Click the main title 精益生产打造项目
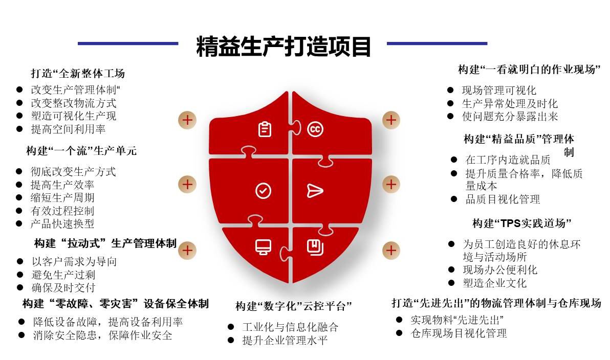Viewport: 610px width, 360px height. pyautogui.click(x=284, y=46)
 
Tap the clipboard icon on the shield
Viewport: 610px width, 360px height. pyautogui.click(x=265, y=129)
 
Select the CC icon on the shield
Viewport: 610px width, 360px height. pyautogui.click(x=315, y=129)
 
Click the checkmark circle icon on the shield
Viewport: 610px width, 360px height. pyautogui.click(x=264, y=191)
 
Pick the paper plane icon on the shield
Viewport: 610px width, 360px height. pyautogui.click(x=315, y=191)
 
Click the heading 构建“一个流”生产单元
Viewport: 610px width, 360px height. pyautogui.click(x=82, y=151)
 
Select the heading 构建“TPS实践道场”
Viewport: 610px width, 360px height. pyautogui.click(x=521, y=223)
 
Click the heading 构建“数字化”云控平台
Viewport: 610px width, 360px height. pyautogui.click(x=294, y=306)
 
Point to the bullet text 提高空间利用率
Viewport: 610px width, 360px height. pyautogui.click(x=69, y=129)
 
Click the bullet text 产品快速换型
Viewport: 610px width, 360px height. pyautogui.click(x=62, y=223)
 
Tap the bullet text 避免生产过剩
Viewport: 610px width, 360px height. pyautogui.click(x=63, y=275)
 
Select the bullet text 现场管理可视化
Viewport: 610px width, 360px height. pyautogui.click(x=499, y=91)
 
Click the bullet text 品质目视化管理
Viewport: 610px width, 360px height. pyautogui.click(x=503, y=199)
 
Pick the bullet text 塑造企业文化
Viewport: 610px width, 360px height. pyautogui.click(x=495, y=283)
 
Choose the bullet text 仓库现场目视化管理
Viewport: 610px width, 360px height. pyautogui.click(x=459, y=333)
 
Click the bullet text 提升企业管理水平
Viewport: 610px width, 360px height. pyautogui.click(x=285, y=341)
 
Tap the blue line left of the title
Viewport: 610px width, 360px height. pyautogui.click(x=128, y=43)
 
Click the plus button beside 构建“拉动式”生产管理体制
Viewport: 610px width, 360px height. pyautogui.click(x=187, y=250)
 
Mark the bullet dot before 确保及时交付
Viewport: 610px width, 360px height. pyautogui.click(x=20, y=288)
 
